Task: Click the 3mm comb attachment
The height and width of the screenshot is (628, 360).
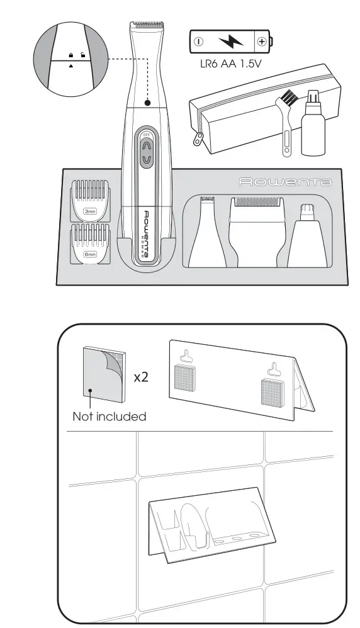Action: coord(89,199)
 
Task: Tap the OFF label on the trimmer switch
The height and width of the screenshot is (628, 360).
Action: coord(146,135)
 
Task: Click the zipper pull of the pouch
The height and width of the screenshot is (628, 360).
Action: coord(200,138)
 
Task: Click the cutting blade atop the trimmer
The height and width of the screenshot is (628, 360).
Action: coord(147,26)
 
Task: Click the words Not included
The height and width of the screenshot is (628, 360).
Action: coord(109,416)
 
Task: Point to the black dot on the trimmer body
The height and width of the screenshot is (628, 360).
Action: coord(147,103)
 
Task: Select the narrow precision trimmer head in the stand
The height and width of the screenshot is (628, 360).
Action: coord(205,233)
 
